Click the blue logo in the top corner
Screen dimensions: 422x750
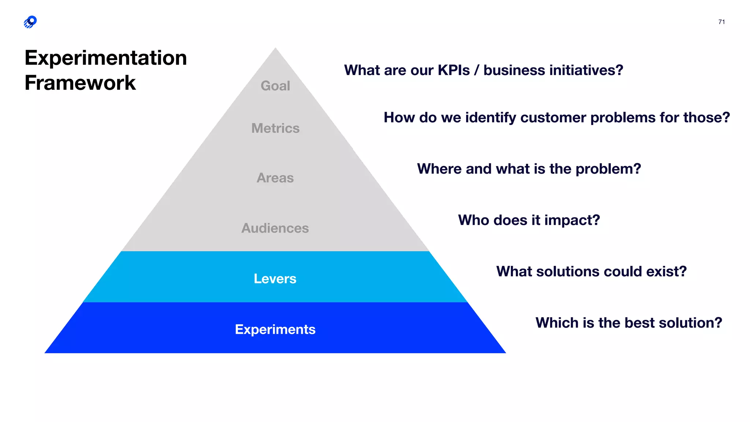tap(30, 22)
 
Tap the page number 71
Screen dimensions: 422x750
tap(721, 22)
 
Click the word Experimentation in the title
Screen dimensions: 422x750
tap(105, 58)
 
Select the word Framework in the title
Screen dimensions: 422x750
tap(80, 83)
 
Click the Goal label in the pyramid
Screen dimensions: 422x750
tap(275, 86)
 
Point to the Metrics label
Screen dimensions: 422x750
tap(275, 128)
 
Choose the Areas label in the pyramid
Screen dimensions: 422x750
tap(275, 178)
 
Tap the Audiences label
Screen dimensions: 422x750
tap(275, 228)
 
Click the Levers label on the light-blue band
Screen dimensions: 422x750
tap(275, 279)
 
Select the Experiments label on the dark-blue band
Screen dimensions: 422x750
tap(275, 329)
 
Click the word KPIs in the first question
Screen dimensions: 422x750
tap(453, 70)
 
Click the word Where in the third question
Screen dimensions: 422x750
tap(439, 169)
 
